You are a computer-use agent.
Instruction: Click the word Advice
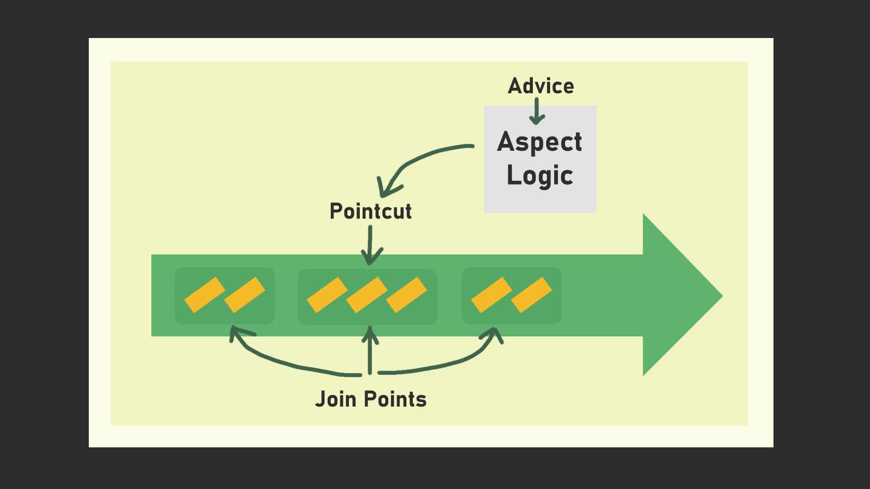tap(541, 86)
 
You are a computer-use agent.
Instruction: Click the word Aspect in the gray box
tap(540, 143)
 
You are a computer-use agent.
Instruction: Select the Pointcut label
tap(371, 211)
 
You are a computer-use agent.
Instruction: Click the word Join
tap(335, 399)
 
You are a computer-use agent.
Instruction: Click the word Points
tap(396, 399)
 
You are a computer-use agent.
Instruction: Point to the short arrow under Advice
tap(537, 111)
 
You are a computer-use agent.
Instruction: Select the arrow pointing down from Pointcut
tap(371, 245)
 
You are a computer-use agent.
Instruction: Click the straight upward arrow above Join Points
tap(370, 350)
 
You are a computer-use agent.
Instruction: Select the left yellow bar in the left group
tap(205, 295)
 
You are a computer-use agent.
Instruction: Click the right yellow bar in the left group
tap(245, 295)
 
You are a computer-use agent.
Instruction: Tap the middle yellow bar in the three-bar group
tap(367, 295)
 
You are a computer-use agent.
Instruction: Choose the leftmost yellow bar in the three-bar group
tap(327, 295)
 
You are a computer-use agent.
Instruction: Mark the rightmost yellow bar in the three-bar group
tap(406, 295)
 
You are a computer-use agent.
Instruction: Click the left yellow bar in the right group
tap(492, 295)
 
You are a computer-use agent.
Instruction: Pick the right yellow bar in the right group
tap(532, 295)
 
